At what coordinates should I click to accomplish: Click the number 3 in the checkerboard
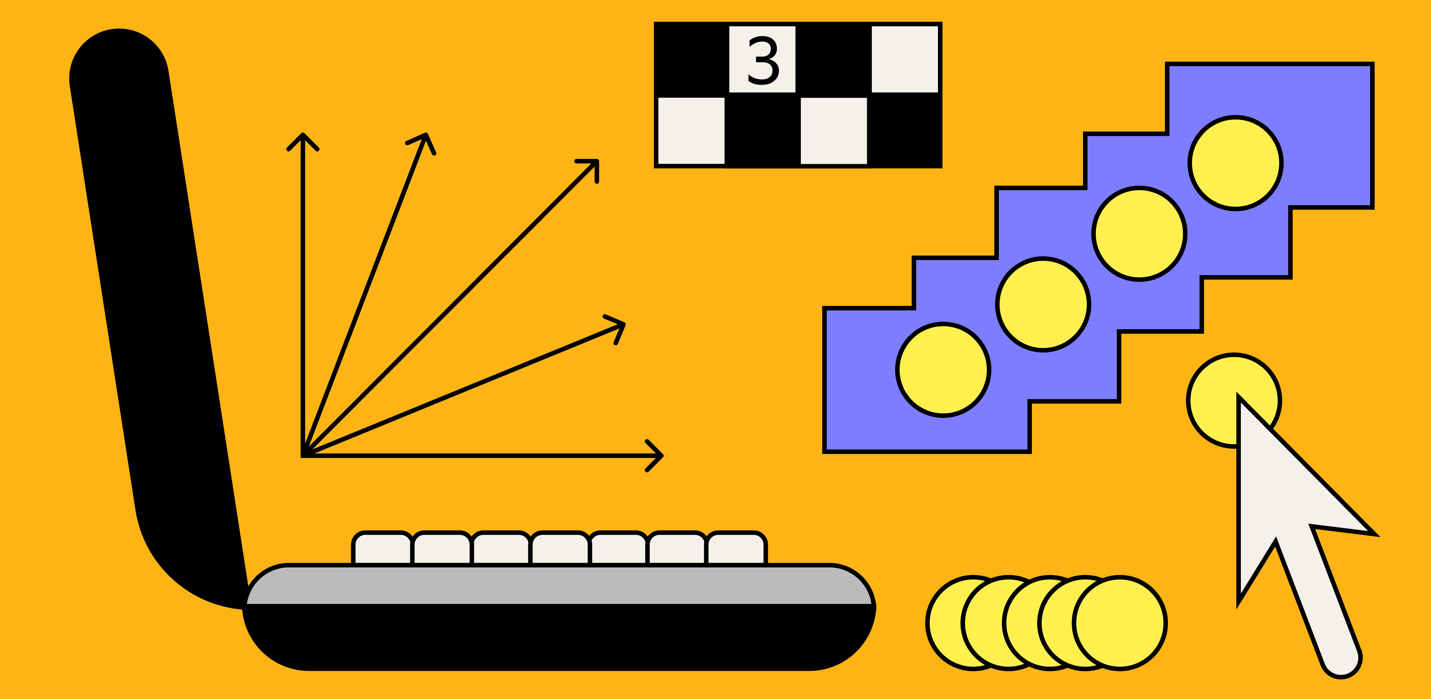pyautogui.click(x=763, y=60)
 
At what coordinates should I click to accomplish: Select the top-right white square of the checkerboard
pyautogui.click(x=905, y=59)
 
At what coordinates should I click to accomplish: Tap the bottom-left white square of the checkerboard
pyautogui.click(x=691, y=130)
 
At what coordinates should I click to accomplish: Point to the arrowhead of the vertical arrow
pyautogui.click(x=303, y=136)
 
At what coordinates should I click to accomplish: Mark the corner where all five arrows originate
pyautogui.click(x=303, y=455)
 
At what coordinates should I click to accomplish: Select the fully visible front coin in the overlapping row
pyautogui.click(x=1119, y=623)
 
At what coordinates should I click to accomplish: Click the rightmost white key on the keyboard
pyautogui.click(x=737, y=548)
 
